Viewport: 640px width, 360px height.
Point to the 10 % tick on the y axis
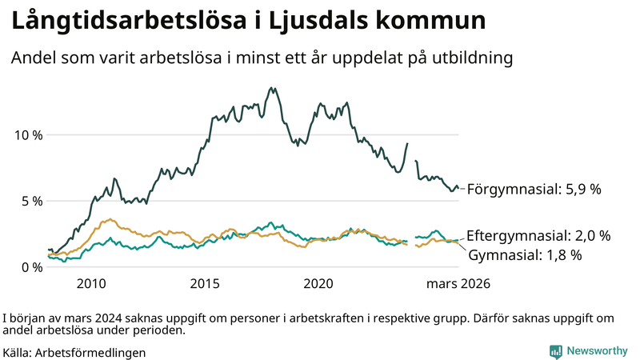pos(29,134)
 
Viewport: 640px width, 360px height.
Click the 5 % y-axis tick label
pos(32,201)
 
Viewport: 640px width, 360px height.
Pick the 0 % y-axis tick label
pos(32,267)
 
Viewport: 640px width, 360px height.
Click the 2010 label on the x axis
pos(91,284)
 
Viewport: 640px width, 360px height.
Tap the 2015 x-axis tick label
pos(206,284)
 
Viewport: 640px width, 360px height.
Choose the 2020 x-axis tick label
pos(320,284)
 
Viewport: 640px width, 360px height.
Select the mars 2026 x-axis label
pos(457,284)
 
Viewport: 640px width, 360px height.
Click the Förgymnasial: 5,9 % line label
pos(534,190)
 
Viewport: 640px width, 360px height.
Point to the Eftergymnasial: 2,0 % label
pos(538,236)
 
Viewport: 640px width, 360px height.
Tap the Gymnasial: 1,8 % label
pos(525,255)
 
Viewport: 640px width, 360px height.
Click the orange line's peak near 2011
pos(110,219)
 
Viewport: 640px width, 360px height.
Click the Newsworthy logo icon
pos(555,351)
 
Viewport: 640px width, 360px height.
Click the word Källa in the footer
pos(18,352)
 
